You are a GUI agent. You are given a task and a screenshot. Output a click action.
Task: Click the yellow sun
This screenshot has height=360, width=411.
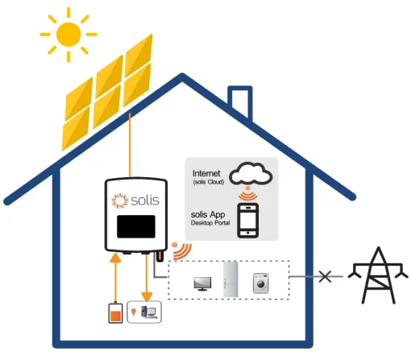tap(68, 33)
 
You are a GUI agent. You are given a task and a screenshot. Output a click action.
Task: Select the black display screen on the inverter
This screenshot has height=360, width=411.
tap(135, 226)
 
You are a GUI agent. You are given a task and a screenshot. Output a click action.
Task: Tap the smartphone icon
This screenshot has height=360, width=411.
tap(248, 220)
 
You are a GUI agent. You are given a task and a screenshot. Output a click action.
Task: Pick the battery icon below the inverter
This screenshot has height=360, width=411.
tap(115, 312)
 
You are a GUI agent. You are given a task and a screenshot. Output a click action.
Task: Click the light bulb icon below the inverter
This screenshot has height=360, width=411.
tap(134, 311)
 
